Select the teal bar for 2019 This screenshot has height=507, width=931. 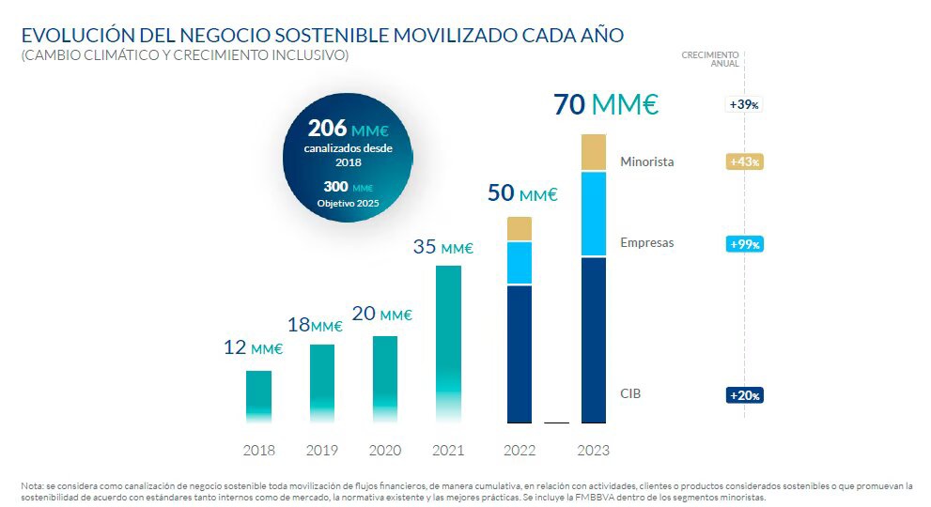click(x=322, y=383)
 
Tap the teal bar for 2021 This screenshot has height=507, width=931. click(x=448, y=344)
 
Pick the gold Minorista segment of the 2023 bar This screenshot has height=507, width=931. click(x=593, y=152)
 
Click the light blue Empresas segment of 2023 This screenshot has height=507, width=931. click(x=593, y=213)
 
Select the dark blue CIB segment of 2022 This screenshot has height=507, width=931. click(x=520, y=354)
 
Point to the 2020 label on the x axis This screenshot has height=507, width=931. click(x=385, y=451)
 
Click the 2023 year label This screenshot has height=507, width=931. click(x=593, y=451)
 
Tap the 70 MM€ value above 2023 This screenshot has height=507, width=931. click(x=606, y=104)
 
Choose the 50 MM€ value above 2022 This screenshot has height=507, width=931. click(x=522, y=194)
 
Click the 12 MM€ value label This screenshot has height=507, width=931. click(x=253, y=348)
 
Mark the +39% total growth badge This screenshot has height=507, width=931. click(x=744, y=105)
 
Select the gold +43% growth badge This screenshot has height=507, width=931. click(x=744, y=161)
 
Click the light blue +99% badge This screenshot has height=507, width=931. click(x=744, y=244)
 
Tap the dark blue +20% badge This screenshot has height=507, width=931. click(x=744, y=395)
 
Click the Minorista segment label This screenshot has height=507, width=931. click(x=646, y=162)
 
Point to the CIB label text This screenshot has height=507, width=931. click(x=631, y=394)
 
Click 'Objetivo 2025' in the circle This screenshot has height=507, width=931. click(x=349, y=204)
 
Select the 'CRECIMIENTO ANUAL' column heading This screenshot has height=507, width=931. click(x=710, y=59)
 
